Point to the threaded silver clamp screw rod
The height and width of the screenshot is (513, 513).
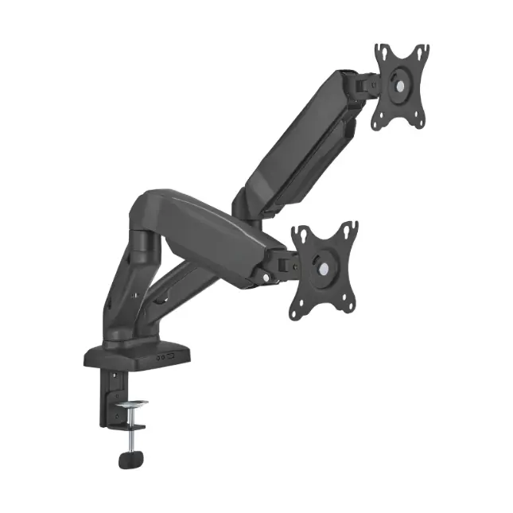(130, 429)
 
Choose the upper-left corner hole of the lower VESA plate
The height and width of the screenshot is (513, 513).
(299, 233)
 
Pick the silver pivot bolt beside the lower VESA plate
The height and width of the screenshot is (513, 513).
(262, 277)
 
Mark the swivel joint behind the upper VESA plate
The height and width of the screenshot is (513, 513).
(363, 84)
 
